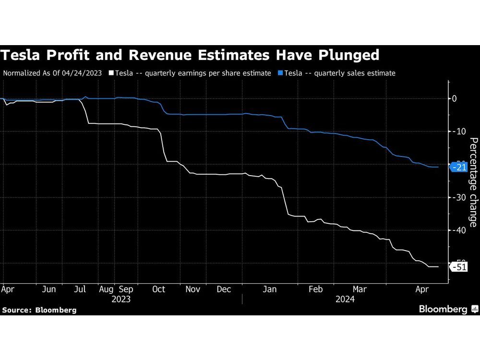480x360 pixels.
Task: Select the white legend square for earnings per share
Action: click(x=111, y=73)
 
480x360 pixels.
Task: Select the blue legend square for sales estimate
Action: click(x=281, y=73)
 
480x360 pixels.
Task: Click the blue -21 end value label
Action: click(x=459, y=167)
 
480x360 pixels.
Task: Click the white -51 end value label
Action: click(x=459, y=267)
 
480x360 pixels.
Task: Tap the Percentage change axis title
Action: click(x=473, y=182)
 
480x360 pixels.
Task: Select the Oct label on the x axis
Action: click(x=158, y=289)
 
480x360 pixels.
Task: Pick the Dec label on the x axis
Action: click(x=224, y=289)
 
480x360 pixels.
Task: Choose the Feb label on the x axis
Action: click(x=315, y=289)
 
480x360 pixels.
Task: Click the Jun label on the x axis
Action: click(x=49, y=289)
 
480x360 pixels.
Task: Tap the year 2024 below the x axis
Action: click(x=345, y=299)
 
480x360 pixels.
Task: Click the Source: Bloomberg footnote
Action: click(x=39, y=310)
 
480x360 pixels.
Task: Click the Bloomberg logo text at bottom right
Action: click(x=443, y=309)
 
